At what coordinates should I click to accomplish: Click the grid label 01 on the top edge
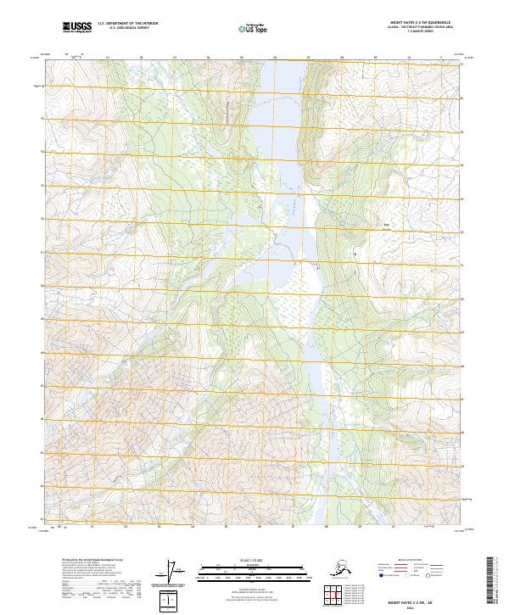[108, 58]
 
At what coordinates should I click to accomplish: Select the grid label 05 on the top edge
[242, 58]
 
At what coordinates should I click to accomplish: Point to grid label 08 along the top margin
[341, 58]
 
